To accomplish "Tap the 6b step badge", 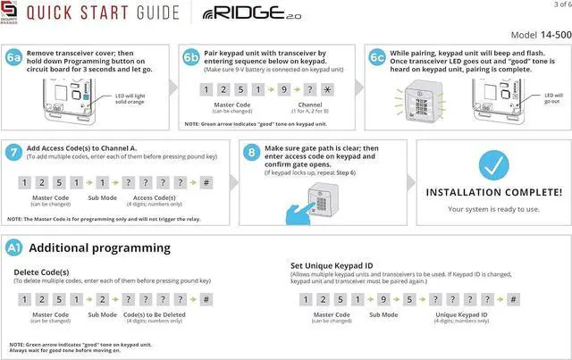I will tap(190, 56).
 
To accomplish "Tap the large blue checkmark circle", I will tap(493, 165).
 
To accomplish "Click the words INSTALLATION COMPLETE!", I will tap(493, 192).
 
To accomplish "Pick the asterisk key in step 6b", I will tap(327, 91).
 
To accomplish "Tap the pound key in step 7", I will tap(206, 182).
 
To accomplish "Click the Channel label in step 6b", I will tap(310, 105).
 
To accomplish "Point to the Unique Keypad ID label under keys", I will tap(461, 314).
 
